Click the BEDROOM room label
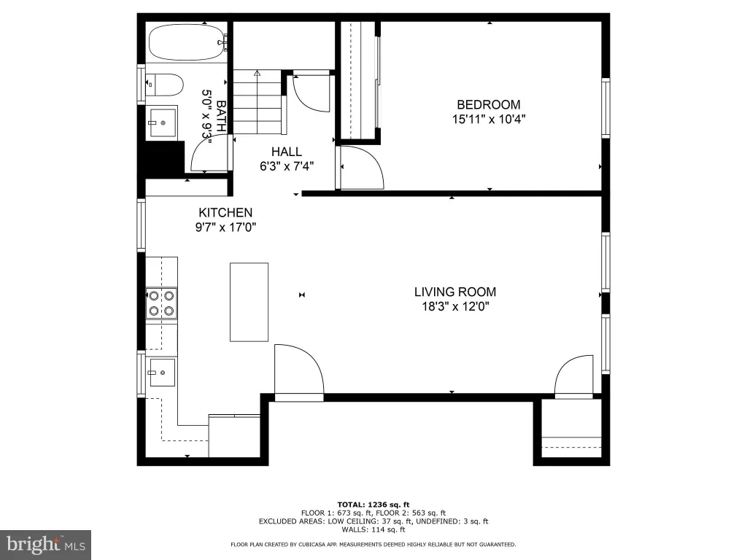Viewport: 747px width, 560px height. pyautogui.click(x=488, y=105)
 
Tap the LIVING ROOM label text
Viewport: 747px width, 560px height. pyautogui.click(x=455, y=292)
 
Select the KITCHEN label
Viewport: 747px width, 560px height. pyautogui.click(x=225, y=212)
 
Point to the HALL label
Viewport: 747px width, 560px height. pyautogui.click(x=286, y=152)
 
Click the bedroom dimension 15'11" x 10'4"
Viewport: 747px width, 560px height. pyautogui.click(x=488, y=119)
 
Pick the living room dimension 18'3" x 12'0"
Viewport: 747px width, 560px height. pyautogui.click(x=455, y=306)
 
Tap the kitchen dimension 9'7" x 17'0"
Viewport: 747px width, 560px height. pyautogui.click(x=225, y=227)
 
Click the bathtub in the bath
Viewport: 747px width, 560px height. pyautogui.click(x=187, y=42)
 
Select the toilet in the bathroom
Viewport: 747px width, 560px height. pyautogui.click(x=164, y=85)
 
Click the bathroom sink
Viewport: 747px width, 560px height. pyautogui.click(x=163, y=122)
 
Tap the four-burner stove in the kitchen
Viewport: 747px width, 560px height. pyautogui.click(x=161, y=303)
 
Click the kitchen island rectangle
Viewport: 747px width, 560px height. pyautogui.click(x=249, y=302)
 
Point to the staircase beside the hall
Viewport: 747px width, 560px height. pyautogui.click(x=258, y=101)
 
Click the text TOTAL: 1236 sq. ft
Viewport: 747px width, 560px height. pyautogui.click(x=373, y=505)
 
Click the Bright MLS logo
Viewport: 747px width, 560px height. pyautogui.click(x=46, y=544)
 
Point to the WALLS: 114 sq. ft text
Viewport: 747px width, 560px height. pyautogui.click(x=373, y=529)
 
